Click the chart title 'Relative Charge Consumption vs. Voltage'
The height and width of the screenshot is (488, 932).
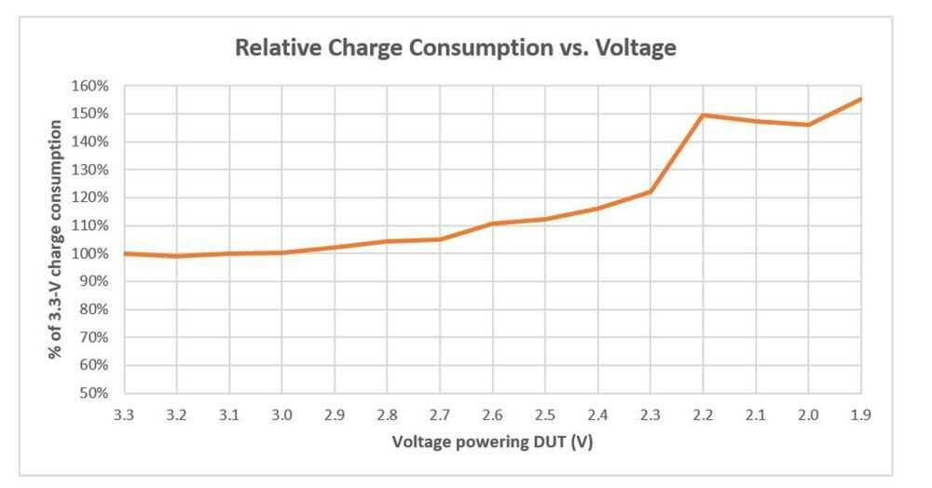(x=455, y=48)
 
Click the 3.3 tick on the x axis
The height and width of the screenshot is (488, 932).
(x=124, y=415)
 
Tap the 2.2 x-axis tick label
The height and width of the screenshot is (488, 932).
(x=703, y=415)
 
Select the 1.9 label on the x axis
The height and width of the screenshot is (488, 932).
(x=860, y=415)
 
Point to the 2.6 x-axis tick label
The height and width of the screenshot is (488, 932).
(x=492, y=415)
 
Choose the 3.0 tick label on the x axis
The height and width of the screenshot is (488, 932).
(x=282, y=415)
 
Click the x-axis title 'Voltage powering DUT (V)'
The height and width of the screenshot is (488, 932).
(x=492, y=441)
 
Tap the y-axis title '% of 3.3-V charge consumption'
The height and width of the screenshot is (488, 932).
(x=58, y=239)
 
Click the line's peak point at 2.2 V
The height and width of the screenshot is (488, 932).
(x=703, y=115)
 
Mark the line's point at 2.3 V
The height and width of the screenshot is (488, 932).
(x=650, y=192)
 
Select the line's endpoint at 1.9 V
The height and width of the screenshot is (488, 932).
(x=860, y=99)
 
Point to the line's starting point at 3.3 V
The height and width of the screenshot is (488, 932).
(x=125, y=253)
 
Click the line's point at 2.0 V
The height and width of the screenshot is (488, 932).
(x=808, y=125)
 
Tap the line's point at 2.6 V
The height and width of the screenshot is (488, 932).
(x=492, y=224)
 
